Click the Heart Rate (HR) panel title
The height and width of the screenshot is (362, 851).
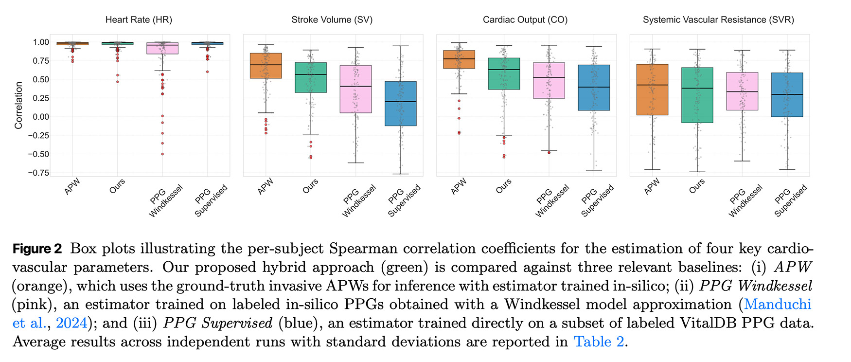[139, 20]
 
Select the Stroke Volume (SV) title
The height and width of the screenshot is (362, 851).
[332, 20]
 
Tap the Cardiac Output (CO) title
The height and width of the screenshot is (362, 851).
[525, 20]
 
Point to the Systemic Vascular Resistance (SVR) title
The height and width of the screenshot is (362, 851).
[718, 20]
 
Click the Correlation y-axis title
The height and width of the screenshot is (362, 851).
[19, 105]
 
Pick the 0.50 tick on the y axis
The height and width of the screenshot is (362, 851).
[41, 79]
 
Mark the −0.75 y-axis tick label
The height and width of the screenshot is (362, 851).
[38, 173]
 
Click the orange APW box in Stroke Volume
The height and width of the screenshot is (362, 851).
[266, 66]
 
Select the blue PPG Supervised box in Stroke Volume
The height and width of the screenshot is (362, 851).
[400, 104]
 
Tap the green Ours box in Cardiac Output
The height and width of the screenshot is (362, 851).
[504, 73]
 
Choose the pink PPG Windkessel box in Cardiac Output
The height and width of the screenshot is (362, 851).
[549, 80]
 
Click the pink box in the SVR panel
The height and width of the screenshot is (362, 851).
[742, 91]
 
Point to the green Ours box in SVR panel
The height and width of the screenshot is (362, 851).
[697, 95]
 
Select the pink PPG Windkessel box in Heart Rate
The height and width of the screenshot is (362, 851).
[162, 48]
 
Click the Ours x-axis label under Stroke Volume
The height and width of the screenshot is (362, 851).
[310, 186]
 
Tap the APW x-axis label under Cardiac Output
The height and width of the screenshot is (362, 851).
[459, 186]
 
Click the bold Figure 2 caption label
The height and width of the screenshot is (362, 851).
[37, 249]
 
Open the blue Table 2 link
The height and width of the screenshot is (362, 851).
[599, 342]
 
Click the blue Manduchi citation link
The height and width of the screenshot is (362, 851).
[777, 305]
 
